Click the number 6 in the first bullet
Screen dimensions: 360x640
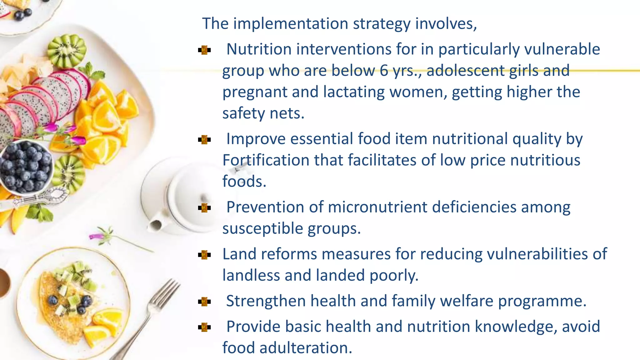[x=384, y=70]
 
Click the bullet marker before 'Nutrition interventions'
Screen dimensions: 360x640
[x=204, y=50]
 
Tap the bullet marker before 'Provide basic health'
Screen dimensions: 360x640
[x=204, y=327]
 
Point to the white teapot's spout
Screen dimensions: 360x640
[x=155, y=224]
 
